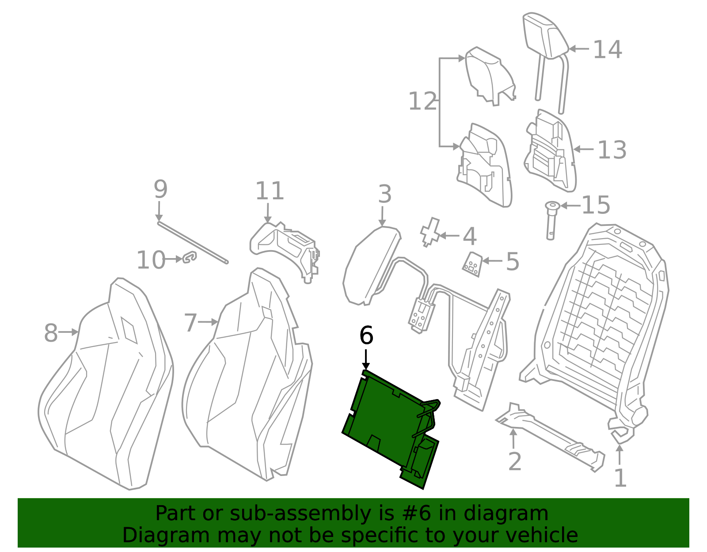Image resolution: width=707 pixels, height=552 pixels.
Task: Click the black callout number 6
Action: tap(366, 335)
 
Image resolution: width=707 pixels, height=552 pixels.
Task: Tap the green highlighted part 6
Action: tap(384, 420)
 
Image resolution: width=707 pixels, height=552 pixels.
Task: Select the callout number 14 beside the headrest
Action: tap(607, 49)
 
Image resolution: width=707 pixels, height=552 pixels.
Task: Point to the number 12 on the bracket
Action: tap(422, 102)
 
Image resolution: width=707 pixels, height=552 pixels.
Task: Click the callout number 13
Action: tap(612, 150)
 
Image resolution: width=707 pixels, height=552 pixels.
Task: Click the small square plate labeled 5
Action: tap(472, 264)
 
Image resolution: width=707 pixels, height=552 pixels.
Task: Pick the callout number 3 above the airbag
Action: tap(384, 194)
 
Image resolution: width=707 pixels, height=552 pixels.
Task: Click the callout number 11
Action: tap(269, 191)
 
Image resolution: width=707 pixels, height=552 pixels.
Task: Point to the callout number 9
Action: tap(160, 189)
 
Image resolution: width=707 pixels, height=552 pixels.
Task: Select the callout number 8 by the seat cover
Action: tap(51, 333)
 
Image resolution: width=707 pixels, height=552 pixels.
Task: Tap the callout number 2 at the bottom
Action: tap(515, 462)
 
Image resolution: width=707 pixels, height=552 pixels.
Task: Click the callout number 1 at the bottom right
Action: tap(620, 479)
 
